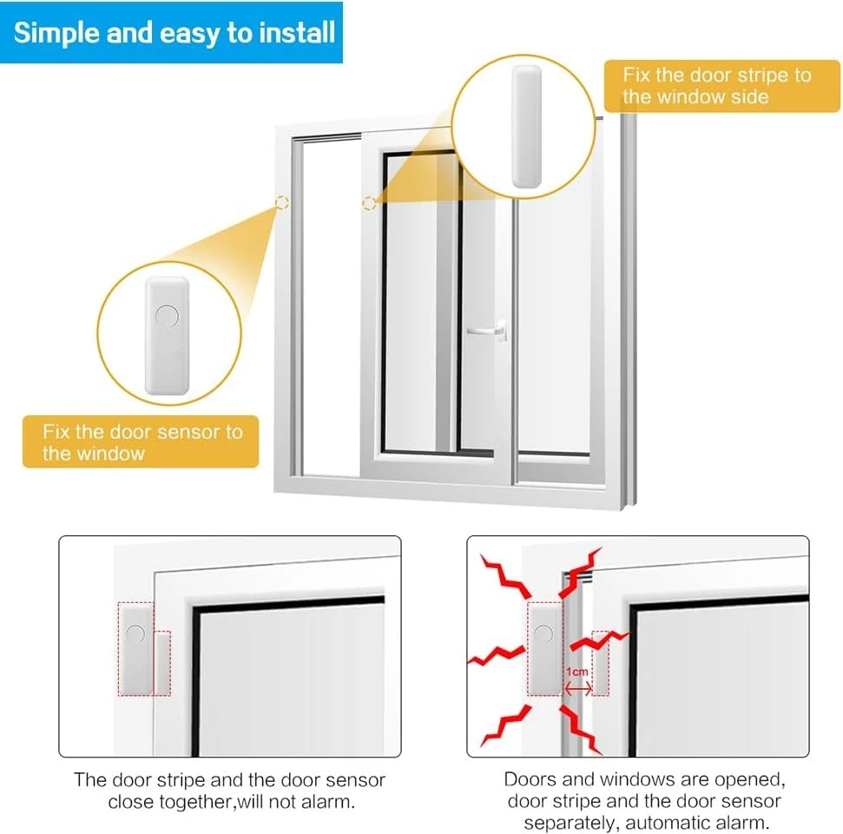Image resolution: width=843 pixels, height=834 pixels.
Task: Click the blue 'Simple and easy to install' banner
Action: click(x=171, y=33)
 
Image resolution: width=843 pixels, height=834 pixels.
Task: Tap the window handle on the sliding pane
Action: click(x=486, y=330)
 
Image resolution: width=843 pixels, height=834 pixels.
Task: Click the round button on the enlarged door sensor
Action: click(x=167, y=316)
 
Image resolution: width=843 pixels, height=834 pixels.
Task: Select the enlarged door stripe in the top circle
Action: click(x=526, y=127)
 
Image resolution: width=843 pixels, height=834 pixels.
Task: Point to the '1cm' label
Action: click(x=576, y=672)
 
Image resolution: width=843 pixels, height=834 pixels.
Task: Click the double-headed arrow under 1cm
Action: click(x=578, y=688)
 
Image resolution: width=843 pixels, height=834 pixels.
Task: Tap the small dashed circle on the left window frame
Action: click(x=281, y=202)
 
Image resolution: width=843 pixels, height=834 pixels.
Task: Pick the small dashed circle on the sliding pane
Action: click(x=369, y=202)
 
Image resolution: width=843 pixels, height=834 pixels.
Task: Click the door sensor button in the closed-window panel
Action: click(x=135, y=633)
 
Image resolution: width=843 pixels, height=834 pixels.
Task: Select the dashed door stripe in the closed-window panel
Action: click(x=162, y=664)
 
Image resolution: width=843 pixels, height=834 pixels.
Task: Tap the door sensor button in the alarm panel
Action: click(x=544, y=633)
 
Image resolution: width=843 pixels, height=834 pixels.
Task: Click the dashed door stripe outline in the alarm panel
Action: click(x=601, y=664)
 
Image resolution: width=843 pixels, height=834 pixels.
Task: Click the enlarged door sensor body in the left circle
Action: click(x=168, y=335)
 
